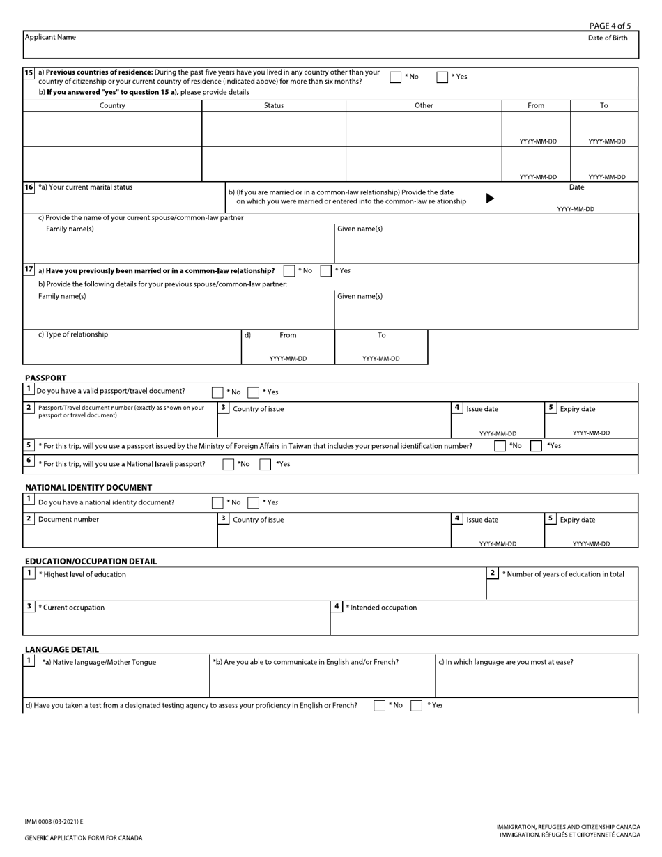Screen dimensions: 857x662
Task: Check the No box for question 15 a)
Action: point(395,77)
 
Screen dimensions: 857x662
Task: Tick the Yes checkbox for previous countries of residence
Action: point(442,77)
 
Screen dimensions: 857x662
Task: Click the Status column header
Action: point(274,106)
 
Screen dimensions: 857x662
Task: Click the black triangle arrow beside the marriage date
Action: point(490,198)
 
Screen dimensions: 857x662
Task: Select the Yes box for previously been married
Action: point(326,271)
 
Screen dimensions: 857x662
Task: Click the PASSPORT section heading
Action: point(45,378)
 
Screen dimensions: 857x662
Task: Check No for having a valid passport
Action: point(217,392)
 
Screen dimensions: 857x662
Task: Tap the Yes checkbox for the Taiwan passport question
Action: point(536,446)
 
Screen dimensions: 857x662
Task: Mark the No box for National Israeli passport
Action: point(229,465)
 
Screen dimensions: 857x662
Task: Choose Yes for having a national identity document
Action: point(254,503)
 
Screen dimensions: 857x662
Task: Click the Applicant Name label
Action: point(50,38)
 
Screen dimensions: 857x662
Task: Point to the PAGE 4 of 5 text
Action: point(610,26)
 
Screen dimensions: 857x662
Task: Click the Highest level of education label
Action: point(82,575)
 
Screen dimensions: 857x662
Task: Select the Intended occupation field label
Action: point(381,608)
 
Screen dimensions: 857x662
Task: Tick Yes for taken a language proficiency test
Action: point(416,706)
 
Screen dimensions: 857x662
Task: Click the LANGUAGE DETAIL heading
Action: point(61,649)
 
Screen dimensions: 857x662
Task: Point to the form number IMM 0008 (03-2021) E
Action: point(54,822)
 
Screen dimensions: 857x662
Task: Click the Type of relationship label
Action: point(73,334)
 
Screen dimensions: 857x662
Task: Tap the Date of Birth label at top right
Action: point(608,38)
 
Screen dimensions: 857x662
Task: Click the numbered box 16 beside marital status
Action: point(29,187)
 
